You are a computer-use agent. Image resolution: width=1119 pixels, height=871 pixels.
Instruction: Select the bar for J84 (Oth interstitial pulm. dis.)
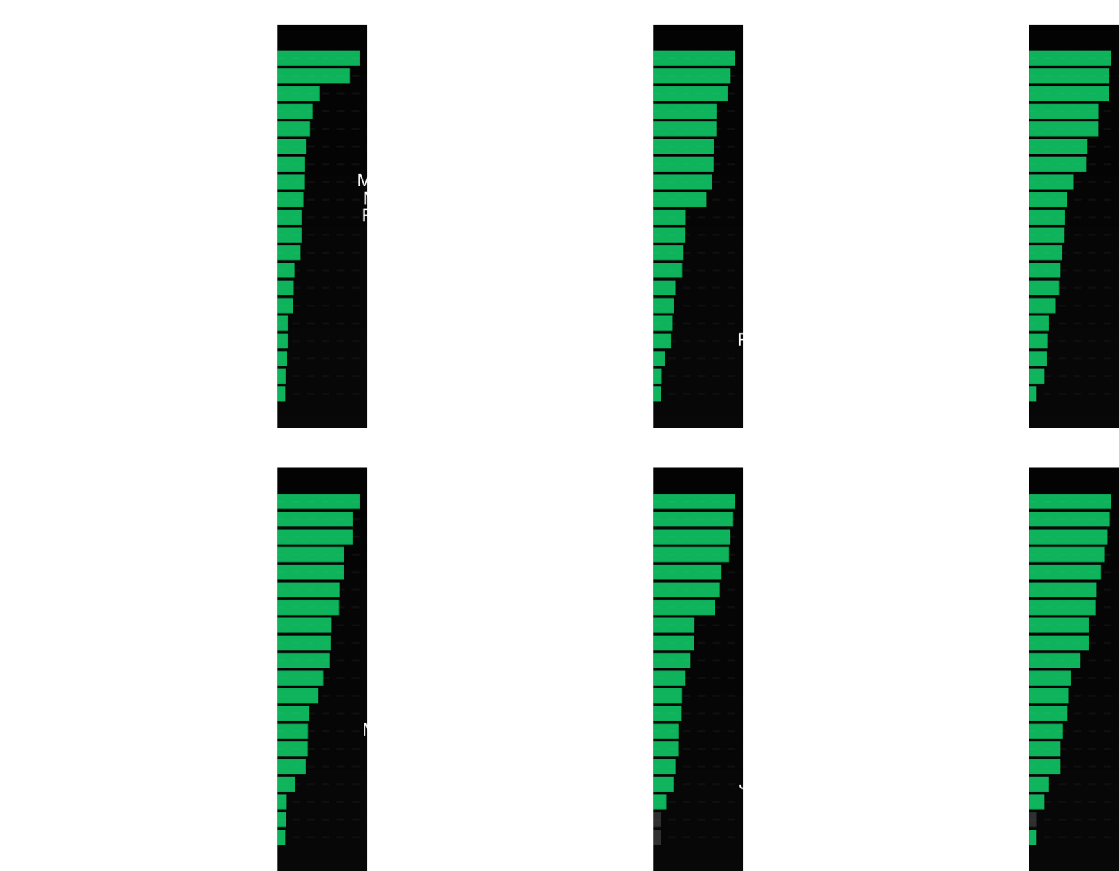[x=318, y=58]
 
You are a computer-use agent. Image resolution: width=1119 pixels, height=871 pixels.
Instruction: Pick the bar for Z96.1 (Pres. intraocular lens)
[x=286, y=270]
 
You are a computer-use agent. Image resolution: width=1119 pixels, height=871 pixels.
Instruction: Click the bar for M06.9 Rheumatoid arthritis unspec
[x=690, y=93]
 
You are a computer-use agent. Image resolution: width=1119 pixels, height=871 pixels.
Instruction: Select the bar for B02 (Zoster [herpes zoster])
[x=662, y=340]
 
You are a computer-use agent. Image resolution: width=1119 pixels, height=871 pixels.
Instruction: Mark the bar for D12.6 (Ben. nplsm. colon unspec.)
[x=1033, y=394]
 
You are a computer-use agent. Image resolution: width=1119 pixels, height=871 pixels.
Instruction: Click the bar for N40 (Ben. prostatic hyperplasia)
[x=293, y=731]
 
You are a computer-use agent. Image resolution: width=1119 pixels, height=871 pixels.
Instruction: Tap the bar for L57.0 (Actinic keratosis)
[x=692, y=536]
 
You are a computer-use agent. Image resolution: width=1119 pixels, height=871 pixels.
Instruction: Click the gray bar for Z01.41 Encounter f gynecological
[x=657, y=819]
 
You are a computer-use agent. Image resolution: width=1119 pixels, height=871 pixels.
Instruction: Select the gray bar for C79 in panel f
[x=1033, y=819]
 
